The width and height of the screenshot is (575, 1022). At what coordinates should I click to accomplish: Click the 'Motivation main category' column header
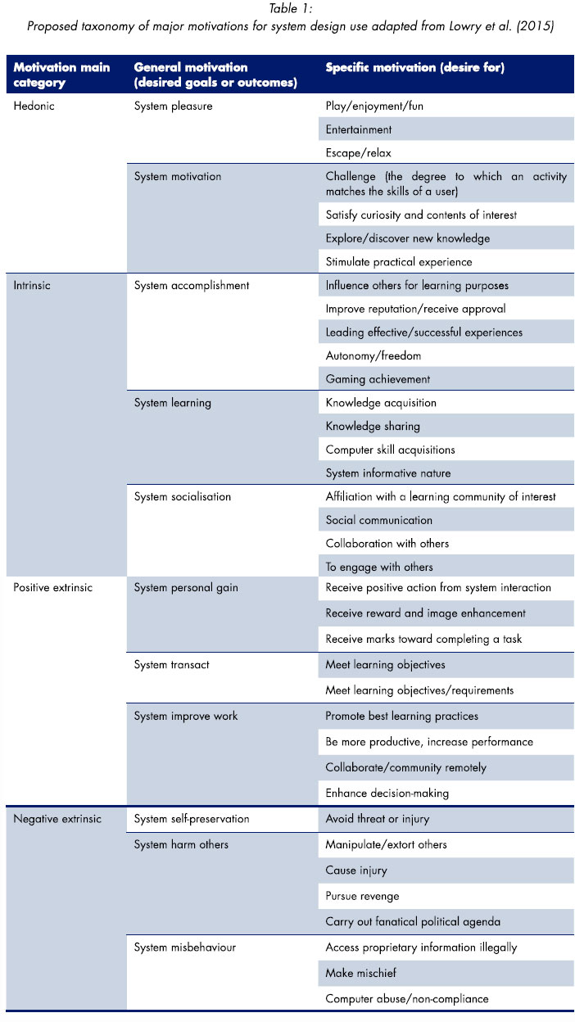pyautogui.click(x=62, y=75)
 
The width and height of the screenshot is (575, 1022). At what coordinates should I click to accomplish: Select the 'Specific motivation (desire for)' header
pyautogui.click(x=414, y=68)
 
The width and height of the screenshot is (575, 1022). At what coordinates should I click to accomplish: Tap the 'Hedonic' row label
pyautogui.click(x=34, y=106)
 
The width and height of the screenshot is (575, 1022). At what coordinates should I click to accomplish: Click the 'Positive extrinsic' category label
pyautogui.click(x=53, y=587)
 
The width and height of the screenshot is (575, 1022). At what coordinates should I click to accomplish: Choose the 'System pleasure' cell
pyautogui.click(x=173, y=106)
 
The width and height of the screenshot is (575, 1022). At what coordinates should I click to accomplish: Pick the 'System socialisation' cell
pyautogui.click(x=183, y=496)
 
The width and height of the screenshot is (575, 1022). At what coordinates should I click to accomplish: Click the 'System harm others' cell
pyautogui.click(x=181, y=844)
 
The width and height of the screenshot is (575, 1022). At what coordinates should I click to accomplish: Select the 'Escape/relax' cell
pyautogui.click(x=360, y=153)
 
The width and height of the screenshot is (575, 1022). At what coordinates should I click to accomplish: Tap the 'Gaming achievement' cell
pyautogui.click(x=378, y=379)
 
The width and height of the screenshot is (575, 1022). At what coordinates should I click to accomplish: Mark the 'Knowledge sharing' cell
pyautogui.click(x=373, y=426)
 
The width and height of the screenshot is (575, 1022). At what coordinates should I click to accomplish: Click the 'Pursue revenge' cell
pyautogui.click(x=363, y=896)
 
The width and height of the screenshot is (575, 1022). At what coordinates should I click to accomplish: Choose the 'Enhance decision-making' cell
pyautogui.click(x=387, y=793)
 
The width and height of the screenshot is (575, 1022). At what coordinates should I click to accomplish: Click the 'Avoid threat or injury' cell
pyautogui.click(x=378, y=819)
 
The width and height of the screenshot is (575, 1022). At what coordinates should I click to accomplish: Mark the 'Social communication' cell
pyautogui.click(x=379, y=520)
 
